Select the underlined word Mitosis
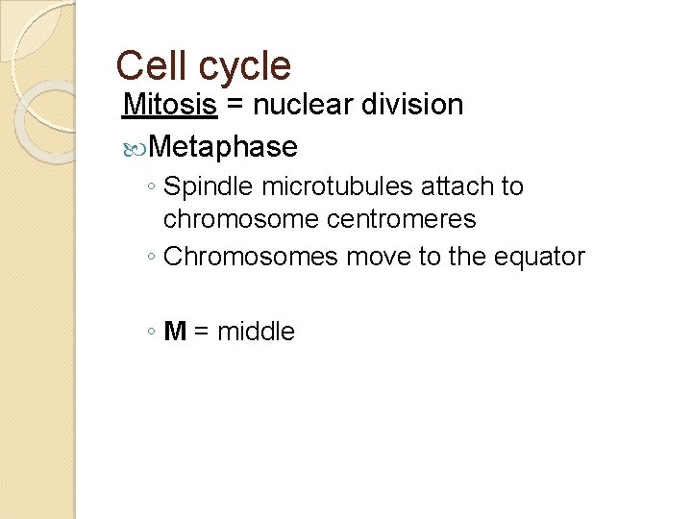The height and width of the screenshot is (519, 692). [170, 105]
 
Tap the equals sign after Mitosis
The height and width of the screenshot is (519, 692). [234, 106]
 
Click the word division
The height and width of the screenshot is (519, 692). [416, 105]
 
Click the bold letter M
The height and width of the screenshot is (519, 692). [175, 333]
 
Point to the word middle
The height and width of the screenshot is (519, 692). [257, 333]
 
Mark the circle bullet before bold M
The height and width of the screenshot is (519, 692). [153, 334]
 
